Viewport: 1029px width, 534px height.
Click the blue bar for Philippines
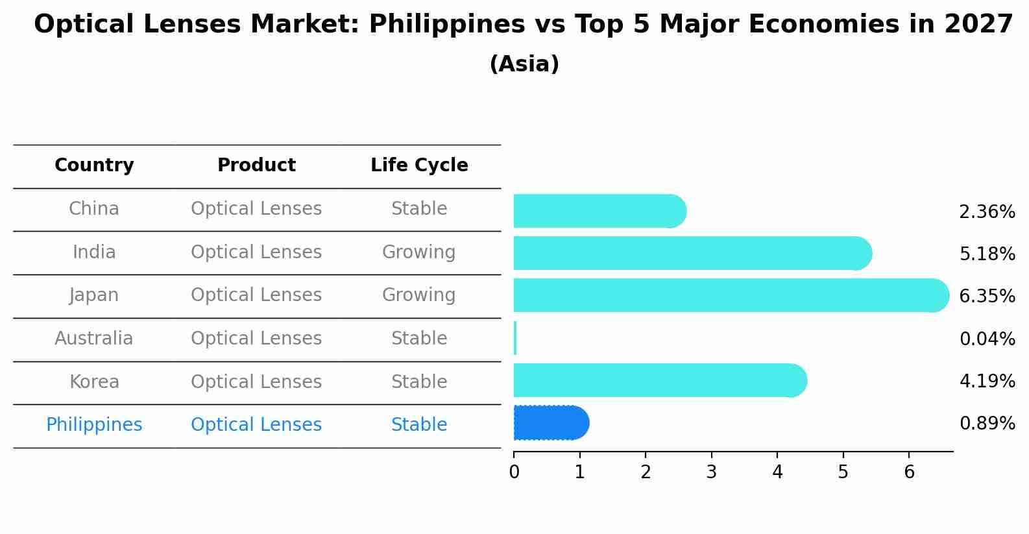pyautogui.click(x=551, y=423)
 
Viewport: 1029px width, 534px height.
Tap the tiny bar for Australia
pyautogui.click(x=515, y=338)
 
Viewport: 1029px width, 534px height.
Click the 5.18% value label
pyautogui.click(x=987, y=254)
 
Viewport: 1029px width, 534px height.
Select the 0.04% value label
pyautogui.click(x=987, y=339)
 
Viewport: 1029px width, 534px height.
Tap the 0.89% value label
pyautogui.click(x=987, y=424)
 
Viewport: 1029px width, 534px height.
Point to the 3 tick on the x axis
pyautogui.click(x=711, y=472)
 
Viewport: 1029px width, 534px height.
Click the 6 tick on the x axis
pyautogui.click(x=909, y=472)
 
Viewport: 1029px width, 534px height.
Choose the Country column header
pyautogui.click(x=94, y=165)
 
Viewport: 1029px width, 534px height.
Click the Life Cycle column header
pyautogui.click(x=419, y=165)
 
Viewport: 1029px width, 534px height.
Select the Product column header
pyautogui.click(x=256, y=165)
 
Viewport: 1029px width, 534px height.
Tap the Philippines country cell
pyautogui.click(x=94, y=425)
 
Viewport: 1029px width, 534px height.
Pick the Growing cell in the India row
pyautogui.click(x=418, y=252)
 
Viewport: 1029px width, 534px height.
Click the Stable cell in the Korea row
pyautogui.click(x=418, y=382)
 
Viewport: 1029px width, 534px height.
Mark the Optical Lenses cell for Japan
pyautogui.click(x=256, y=295)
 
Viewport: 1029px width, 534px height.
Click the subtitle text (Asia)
pyautogui.click(x=524, y=64)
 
